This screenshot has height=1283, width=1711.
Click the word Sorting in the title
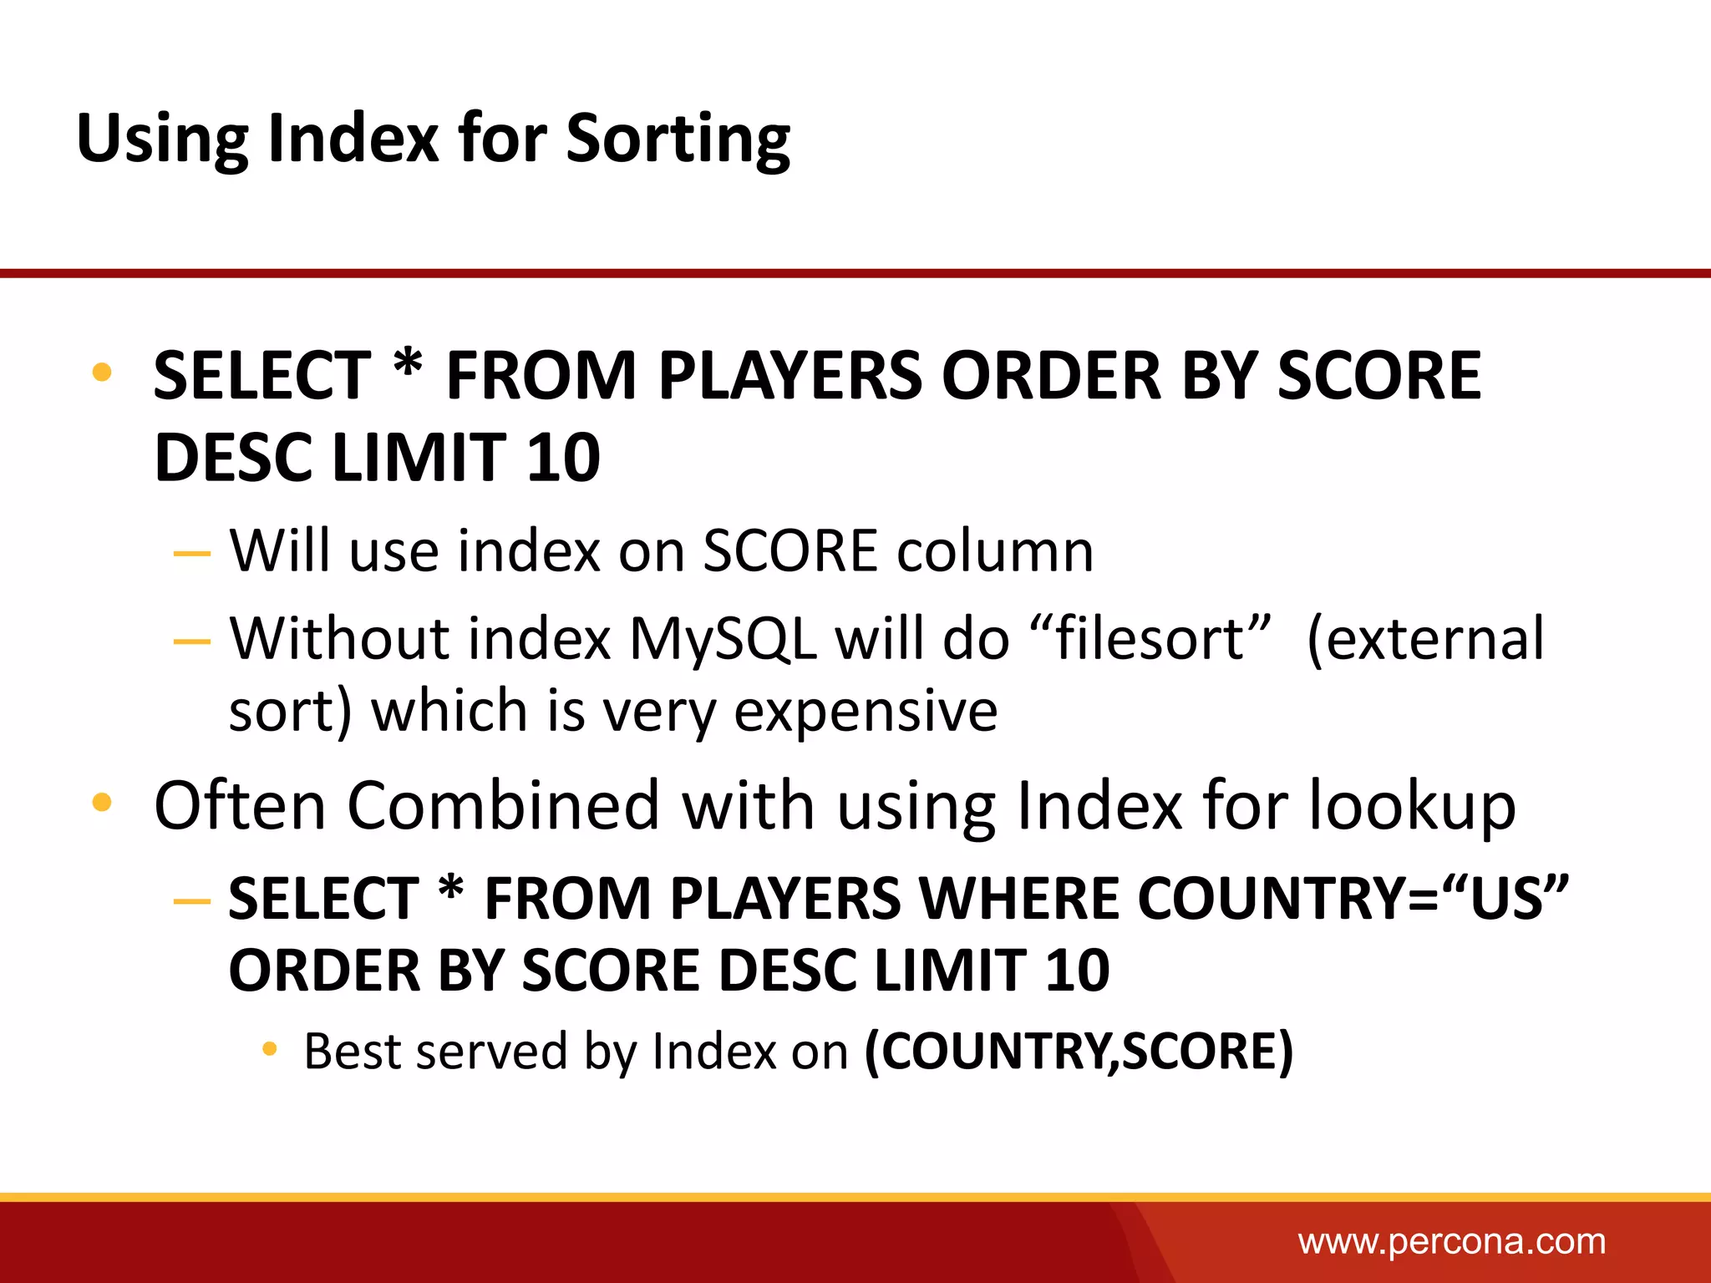coord(678,139)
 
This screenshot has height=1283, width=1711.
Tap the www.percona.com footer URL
coord(1451,1242)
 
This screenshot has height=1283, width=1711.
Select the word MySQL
coord(723,640)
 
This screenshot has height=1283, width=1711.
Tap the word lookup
coord(1411,807)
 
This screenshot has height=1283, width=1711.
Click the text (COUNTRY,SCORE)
coord(1079,1051)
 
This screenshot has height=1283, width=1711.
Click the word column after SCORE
coord(995,551)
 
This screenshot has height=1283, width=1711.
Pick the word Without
coord(338,640)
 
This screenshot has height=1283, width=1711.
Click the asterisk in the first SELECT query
coord(408,368)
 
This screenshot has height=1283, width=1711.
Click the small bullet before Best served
coord(269,1049)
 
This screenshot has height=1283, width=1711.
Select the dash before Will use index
coord(192,553)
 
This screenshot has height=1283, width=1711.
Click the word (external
coord(1425,640)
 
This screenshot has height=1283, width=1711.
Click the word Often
coord(241,805)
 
